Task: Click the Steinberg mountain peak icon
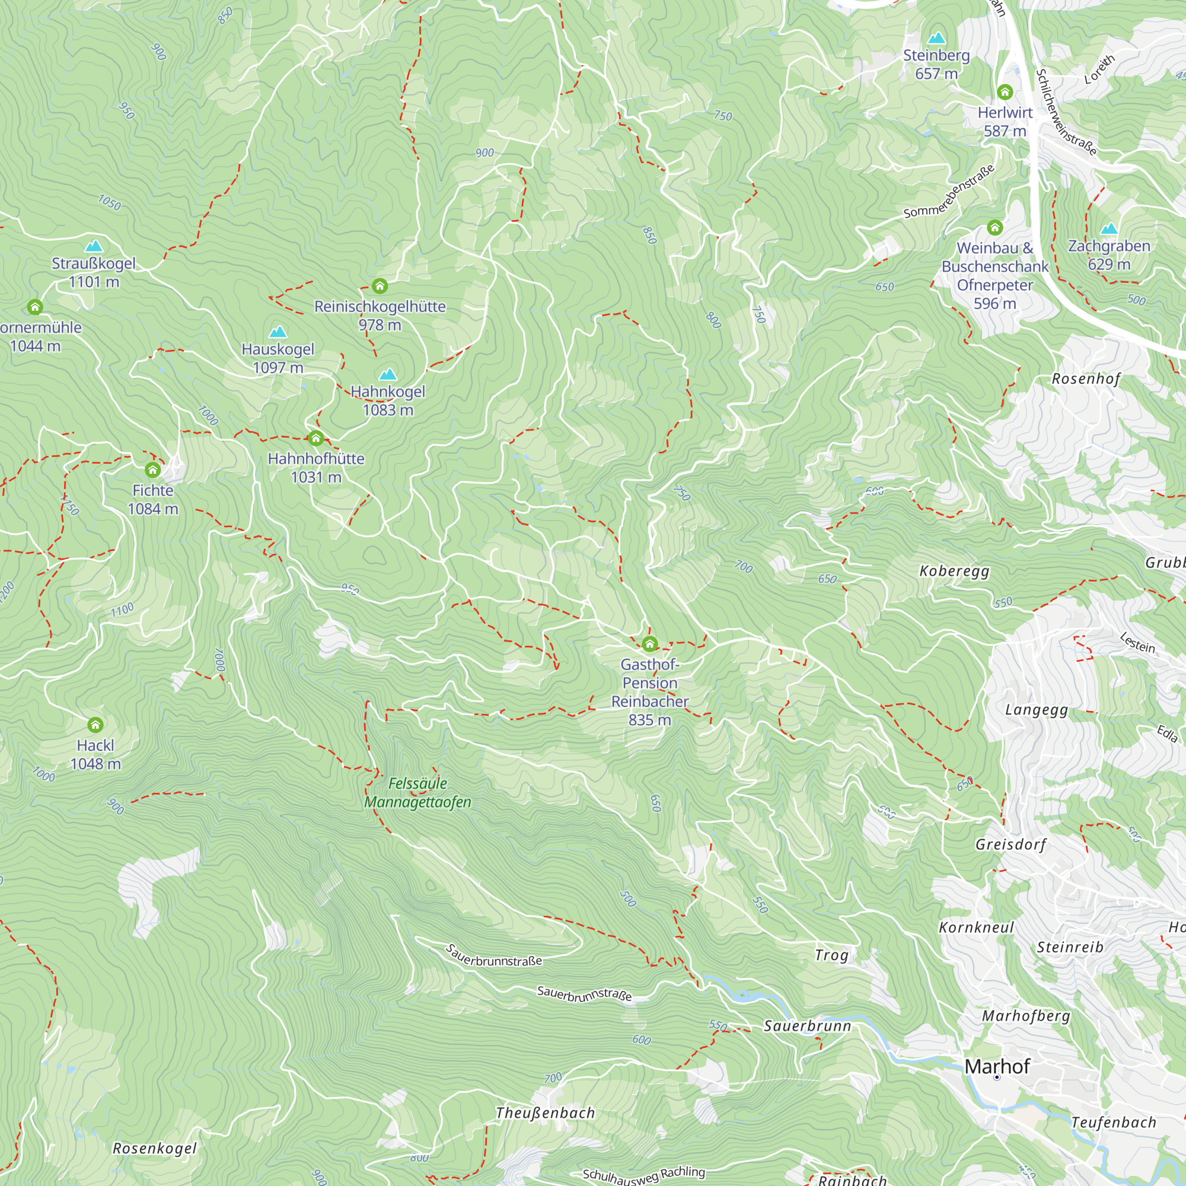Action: tap(936, 38)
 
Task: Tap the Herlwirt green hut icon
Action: tap(1005, 92)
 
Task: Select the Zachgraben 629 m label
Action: tap(1109, 255)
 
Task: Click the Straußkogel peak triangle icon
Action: tap(93, 246)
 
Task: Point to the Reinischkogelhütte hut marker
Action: tap(380, 286)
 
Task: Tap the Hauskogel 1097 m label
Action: tap(278, 358)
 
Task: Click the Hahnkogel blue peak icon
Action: tap(387, 374)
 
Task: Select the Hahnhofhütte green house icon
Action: tap(315, 438)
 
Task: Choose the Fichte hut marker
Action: tap(153, 470)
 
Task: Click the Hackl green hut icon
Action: tap(95, 725)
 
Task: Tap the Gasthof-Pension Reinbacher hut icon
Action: tap(649, 644)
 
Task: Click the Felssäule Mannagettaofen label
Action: tap(417, 792)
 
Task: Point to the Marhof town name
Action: tap(996, 1066)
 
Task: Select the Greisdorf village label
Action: tap(1010, 844)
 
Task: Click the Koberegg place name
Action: tap(954, 571)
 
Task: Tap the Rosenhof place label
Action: tap(1086, 379)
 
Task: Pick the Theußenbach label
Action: tap(545, 1113)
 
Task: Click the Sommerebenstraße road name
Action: tap(948, 192)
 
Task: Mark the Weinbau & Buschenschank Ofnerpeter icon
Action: tap(995, 228)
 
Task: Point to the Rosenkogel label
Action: tap(155, 1149)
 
